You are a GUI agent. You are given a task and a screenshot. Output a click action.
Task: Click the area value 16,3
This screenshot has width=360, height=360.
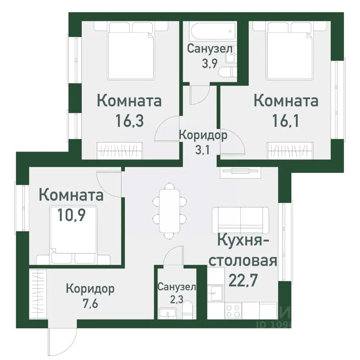click(129, 121)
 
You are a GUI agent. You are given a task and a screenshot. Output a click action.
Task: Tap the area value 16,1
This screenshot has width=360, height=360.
click(286, 121)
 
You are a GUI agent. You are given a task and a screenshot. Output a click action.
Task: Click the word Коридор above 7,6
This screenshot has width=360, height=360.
click(90, 289)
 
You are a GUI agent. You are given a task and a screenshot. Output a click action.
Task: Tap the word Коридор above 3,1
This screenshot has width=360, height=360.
click(203, 135)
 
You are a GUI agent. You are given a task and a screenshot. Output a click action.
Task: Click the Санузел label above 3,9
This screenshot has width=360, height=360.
click(210, 49)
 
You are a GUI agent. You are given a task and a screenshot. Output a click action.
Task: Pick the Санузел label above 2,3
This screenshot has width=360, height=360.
click(176, 287)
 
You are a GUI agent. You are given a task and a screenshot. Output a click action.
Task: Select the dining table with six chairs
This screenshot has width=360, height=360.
click(169, 211)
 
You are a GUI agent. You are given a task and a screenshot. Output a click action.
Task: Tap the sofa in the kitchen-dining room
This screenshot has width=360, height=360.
click(240, 220)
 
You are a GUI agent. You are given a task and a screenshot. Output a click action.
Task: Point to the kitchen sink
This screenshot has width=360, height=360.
click(216, 291)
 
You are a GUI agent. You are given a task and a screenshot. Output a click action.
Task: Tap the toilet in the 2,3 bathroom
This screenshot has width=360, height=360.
click(189, 311)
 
